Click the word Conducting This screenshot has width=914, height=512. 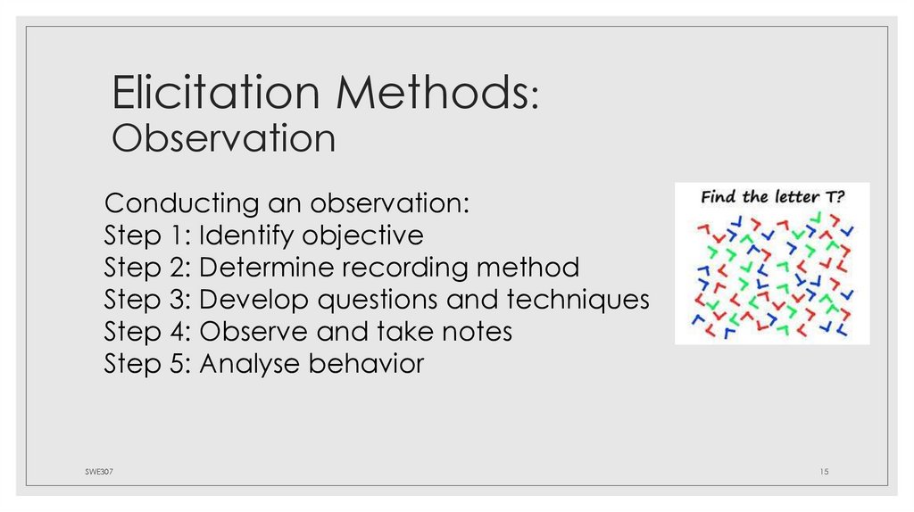[179, 203]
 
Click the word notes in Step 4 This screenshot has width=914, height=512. [474, 332]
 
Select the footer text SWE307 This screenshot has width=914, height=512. [87, 470]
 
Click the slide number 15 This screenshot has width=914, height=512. [824, 470]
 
